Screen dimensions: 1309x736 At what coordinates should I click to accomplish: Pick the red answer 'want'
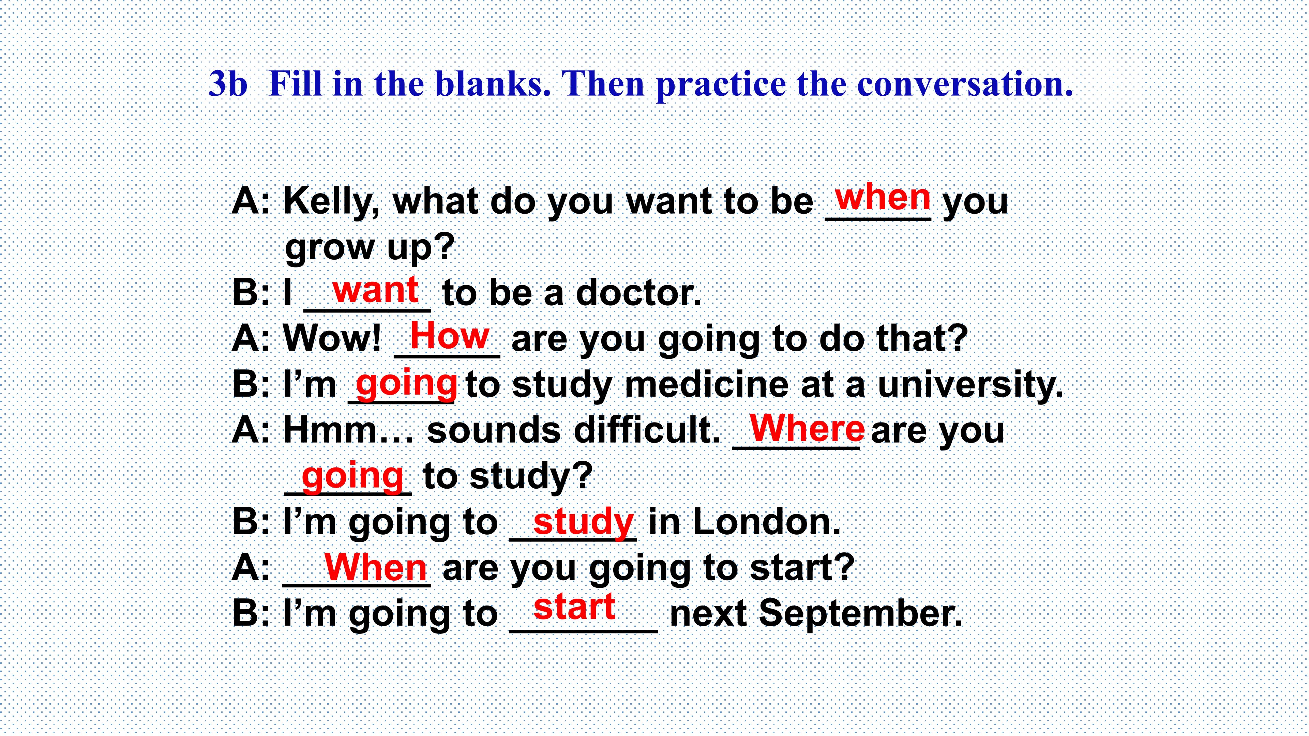376,290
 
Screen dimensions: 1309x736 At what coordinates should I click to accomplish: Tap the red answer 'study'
583,523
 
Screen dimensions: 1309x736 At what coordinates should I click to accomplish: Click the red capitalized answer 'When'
376,567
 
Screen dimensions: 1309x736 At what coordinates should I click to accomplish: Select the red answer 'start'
575,607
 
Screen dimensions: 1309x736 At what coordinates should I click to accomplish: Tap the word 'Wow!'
332,339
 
